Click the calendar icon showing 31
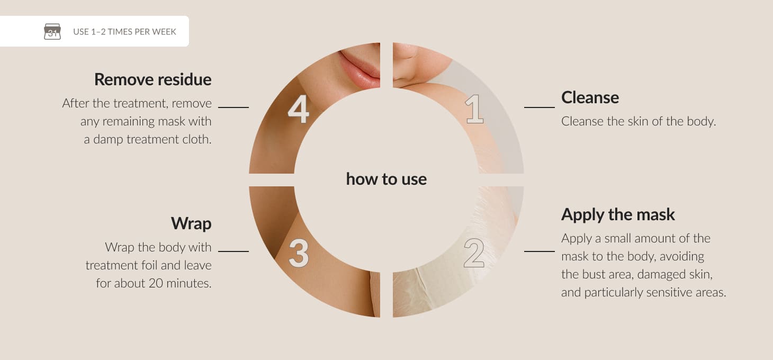tap(52, 31)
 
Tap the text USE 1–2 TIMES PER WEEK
tap(124, 32)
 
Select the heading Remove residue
tap(153, 79)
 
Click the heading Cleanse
tap(590, 97)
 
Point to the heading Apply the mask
tap(618, 215)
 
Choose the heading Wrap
tap(191, 223)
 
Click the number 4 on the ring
tap(299, 109)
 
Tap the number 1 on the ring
tap(474, 109)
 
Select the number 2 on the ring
tap(474, 254)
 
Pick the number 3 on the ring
tap(299, 254)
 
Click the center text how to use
tap(386, 179)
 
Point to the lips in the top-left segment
tap(359, 68)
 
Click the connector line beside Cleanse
tap(540, 107)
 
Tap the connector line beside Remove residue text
tap(233, 107)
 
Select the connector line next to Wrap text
tap(233, 251)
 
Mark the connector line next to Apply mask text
tap(540, 251)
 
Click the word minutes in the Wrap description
tap(189, 283)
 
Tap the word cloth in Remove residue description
tap(197, 139)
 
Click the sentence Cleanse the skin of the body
tap(639, 121)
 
